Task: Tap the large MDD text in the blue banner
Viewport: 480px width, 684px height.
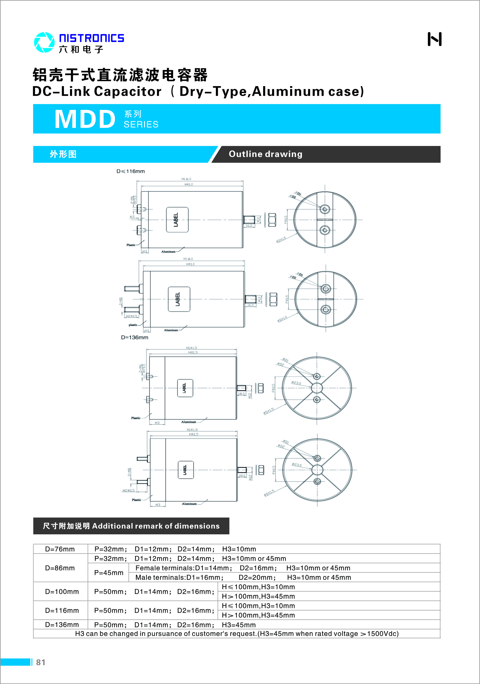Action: (x=85, y=119)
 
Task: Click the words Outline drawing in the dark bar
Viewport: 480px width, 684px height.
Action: (x=265, y=154)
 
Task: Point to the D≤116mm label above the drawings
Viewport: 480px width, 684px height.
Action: (x=130, y=171)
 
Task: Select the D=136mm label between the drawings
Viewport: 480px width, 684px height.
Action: (x=134, y=337)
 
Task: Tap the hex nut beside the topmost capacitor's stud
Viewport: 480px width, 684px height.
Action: (x=272, y=220)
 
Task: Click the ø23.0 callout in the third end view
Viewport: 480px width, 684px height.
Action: (x=296, y=383)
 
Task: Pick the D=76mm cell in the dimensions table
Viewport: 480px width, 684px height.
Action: (x=60, y=549)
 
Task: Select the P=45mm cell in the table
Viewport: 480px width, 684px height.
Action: (x=109, y=573)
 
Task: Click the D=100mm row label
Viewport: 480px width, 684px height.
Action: (x=62, y=591)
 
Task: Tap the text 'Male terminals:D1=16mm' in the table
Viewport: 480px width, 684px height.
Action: (x=179, y=577)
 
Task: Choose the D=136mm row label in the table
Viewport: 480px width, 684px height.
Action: (x=62, y=625)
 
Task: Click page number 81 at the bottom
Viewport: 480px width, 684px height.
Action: (x=41, y=662)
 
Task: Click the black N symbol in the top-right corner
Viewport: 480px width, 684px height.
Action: (x=434, y=39)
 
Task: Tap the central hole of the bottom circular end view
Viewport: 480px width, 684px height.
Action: (x=317, y=470)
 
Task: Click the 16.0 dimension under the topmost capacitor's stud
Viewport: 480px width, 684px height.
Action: (x=249, y=226)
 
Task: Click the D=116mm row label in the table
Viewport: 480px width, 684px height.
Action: (x=62, y=611)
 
